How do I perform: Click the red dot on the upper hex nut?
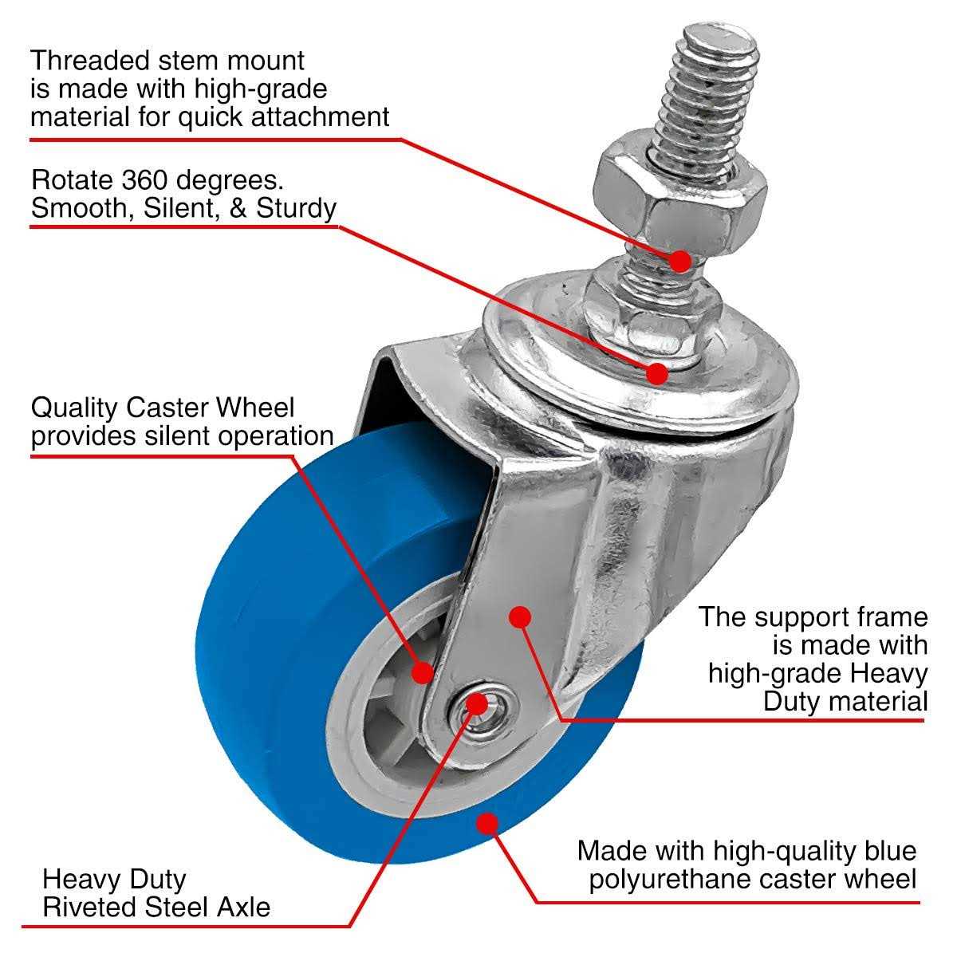(679, 260)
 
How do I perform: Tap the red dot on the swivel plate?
(656, 372)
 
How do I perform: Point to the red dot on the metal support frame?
(520, 616)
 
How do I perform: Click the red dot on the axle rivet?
(476, 703)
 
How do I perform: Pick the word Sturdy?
(296, 208)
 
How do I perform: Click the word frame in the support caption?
(891, 616)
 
